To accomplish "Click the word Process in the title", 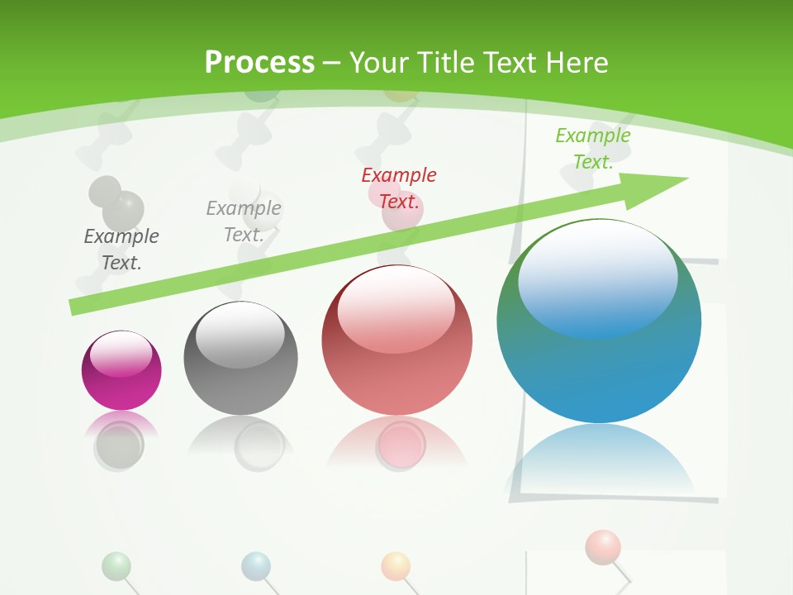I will tap(259, 63).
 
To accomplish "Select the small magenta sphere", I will tap(121, 370).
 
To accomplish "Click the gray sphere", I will tap(240, 359).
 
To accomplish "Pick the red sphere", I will tap(396, 340).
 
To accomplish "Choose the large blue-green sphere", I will tap(599, 322).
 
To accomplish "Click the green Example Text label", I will tap(593, 149).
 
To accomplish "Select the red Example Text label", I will tap(399, 188).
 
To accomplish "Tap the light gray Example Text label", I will tap(244, 221).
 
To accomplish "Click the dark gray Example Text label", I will tap(121, 250).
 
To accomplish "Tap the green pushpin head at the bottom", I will tap(116, 566).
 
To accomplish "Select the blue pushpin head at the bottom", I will tap(256, 566).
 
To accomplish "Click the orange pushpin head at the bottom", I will tap(396, 566).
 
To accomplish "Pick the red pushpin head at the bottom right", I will tap(602, 546).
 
